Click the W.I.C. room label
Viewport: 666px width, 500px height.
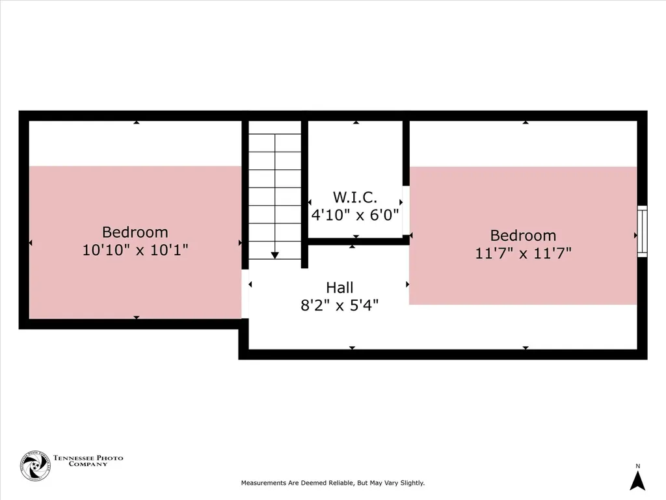(x=354, y=197)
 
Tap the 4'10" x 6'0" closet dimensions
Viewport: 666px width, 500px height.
(x=355, y=215)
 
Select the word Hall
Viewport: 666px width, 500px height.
(x=340, y=288)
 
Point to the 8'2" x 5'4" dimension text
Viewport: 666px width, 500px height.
(x=340, y=305)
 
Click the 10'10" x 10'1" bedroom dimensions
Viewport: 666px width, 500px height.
(x=135, y=249)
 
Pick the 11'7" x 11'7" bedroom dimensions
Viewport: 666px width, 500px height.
(x=523, y=253)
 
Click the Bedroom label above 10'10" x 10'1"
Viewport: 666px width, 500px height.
(x=135, y=232)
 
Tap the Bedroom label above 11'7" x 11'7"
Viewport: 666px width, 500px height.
(x=523, y=236)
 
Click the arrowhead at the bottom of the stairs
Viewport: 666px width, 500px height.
(x=275, y=255)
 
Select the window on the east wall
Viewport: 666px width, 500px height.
(x=642, y=231)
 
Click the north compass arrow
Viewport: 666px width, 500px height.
(x=637, y=481)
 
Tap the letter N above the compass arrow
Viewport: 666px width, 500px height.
(x=637, y=466)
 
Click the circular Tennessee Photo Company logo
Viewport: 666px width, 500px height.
(x=35, y=466)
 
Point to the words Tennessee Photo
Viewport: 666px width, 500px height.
(x=88, y=458)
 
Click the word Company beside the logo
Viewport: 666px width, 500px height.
(x=88, y=464)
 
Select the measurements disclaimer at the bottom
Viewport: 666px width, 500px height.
(x=332, y=483)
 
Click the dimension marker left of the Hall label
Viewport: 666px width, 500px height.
(x=250, y=285)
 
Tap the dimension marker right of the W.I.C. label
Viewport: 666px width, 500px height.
(x=401, y=202)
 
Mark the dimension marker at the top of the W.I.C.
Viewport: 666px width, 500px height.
(x=356, y=122)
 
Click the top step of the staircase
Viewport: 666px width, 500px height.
(x=275, y=128)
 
